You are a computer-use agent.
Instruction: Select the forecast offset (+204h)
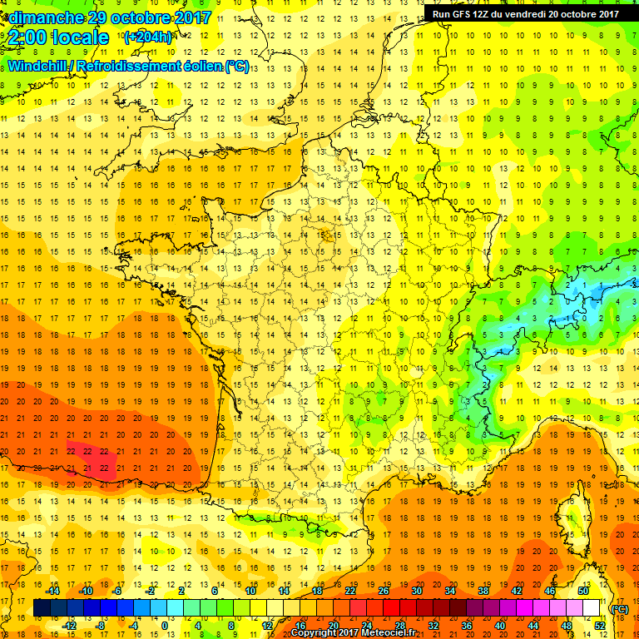(148, 37)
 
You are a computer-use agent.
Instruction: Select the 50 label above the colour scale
(583, 591)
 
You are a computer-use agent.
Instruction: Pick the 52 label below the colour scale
(599, 625)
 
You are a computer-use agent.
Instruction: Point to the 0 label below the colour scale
(164, 625)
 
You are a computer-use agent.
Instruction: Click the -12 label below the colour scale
(69, 625)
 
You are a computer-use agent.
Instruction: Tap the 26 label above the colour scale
(384, 591)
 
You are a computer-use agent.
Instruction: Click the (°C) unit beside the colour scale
(620, 608)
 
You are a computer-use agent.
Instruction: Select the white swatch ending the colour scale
(592, 608)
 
